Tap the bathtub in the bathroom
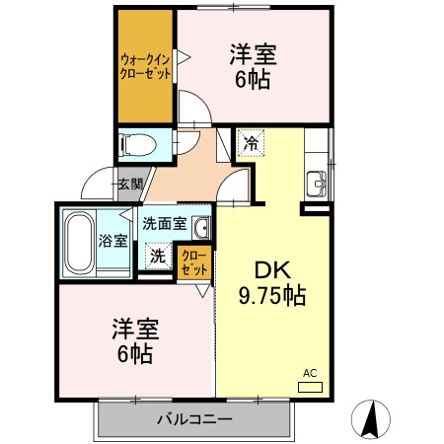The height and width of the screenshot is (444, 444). coord(78,242)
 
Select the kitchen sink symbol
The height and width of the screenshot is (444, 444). coord(319,183)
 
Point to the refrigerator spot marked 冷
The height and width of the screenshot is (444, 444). coord(252,144)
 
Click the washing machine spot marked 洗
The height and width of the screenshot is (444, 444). coord(158,256)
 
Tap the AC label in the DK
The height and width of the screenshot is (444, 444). coord(310,373)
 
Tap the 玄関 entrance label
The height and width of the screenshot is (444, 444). coord(129,184)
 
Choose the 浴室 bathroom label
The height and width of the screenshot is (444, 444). coord(111,240)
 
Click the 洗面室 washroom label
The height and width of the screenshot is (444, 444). coord(165,224)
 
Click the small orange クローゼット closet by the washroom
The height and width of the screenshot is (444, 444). coord(194,261)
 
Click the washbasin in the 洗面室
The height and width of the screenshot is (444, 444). coord(200,229)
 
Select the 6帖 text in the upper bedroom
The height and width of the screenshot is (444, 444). coord(254,80)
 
